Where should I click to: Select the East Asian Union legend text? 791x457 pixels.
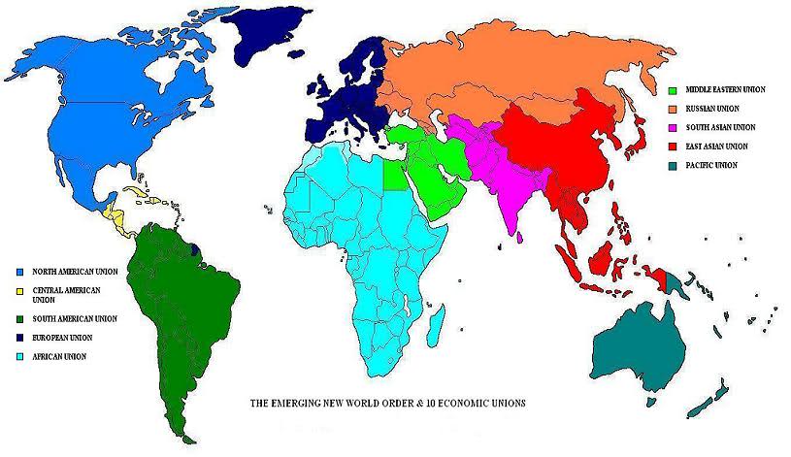(719, 147)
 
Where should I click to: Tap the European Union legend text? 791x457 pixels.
(64, 337)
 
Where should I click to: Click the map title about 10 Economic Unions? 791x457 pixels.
(387, 402)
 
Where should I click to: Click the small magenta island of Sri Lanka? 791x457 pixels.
(521, 235)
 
